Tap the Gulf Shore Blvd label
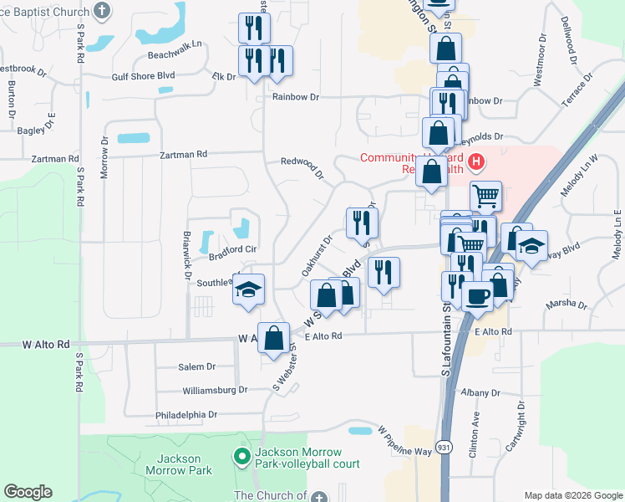tap(143, 75)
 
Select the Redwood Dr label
tap(302, 168)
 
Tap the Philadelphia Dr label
tap(185, 414)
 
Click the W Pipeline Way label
tap(404, 440)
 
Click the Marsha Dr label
tap(567, 305)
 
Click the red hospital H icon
tap(475, 161)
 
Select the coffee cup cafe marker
tap(477, 296)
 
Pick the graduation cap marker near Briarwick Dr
tap(248, 289)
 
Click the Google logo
tap(28, 492)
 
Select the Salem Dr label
tap(197, 366)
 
